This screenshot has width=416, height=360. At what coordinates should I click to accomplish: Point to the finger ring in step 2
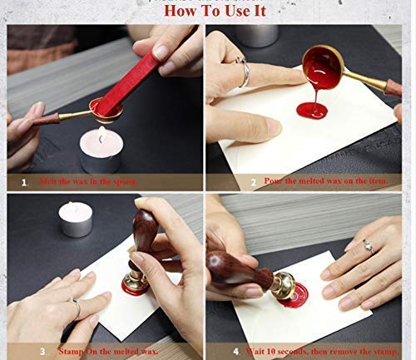coord(244,73)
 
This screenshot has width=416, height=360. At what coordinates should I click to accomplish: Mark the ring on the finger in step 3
coord(76,309)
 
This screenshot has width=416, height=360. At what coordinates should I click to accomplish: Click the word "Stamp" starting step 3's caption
coord(72,351)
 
